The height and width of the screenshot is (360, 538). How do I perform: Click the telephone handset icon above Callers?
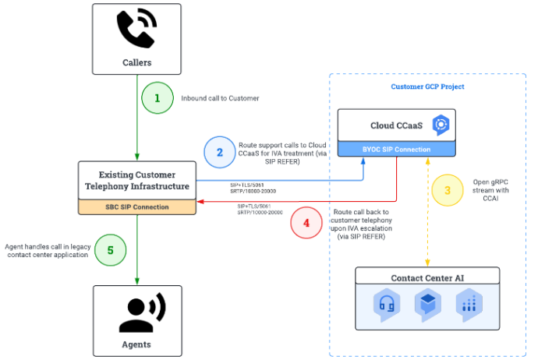click(136, 30)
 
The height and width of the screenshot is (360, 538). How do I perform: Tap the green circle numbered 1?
click(157, 98)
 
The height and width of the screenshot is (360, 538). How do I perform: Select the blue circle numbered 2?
click(219, 152)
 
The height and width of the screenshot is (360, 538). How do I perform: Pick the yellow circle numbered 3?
click(447, 189)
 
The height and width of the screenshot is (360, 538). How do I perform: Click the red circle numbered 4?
click(306, 222)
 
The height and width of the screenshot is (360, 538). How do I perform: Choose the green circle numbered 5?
click(110, 250)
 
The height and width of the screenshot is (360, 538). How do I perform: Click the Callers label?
click(136, 62)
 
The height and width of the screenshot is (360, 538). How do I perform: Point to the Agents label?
click(136, 344)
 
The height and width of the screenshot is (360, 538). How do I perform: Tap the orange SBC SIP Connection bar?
click(136, 207)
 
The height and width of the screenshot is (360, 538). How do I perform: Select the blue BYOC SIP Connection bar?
click(395, 148)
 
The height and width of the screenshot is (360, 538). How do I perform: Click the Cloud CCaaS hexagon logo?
click(440, 125)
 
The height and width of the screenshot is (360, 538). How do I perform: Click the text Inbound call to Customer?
click(220, 98)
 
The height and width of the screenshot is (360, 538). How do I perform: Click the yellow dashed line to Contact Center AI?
click(427, 234)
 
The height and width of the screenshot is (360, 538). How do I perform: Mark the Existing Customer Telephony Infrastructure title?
click(136, 181)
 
